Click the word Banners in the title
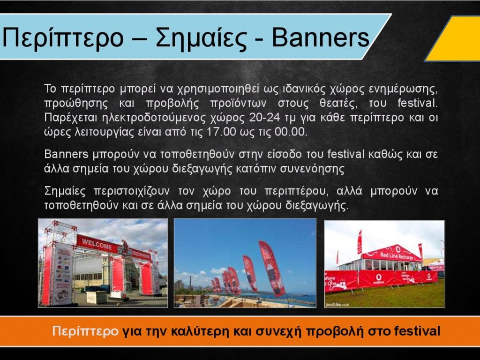321,37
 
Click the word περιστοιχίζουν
131,191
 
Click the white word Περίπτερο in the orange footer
85,331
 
